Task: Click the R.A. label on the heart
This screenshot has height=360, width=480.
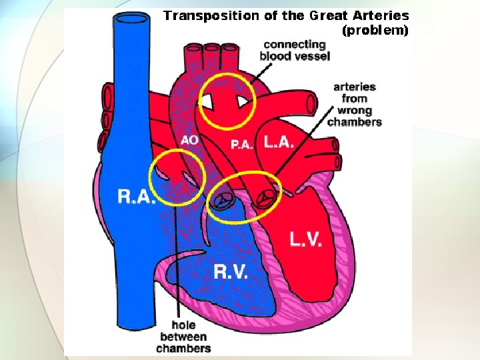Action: [137, 196]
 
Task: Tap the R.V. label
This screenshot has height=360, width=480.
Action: [230, 271]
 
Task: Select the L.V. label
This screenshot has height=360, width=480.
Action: [306, 239]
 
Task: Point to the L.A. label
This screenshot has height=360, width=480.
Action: [279, 141]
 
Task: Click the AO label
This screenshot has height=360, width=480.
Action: [189, 140]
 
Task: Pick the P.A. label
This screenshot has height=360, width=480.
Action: [241, 144]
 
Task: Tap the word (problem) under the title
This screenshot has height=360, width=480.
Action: [375, 30]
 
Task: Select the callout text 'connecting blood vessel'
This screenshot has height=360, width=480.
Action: [294, 51]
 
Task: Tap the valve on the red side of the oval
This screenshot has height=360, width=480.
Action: [265, 198]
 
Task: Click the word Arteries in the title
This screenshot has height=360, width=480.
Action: [382, 15]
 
